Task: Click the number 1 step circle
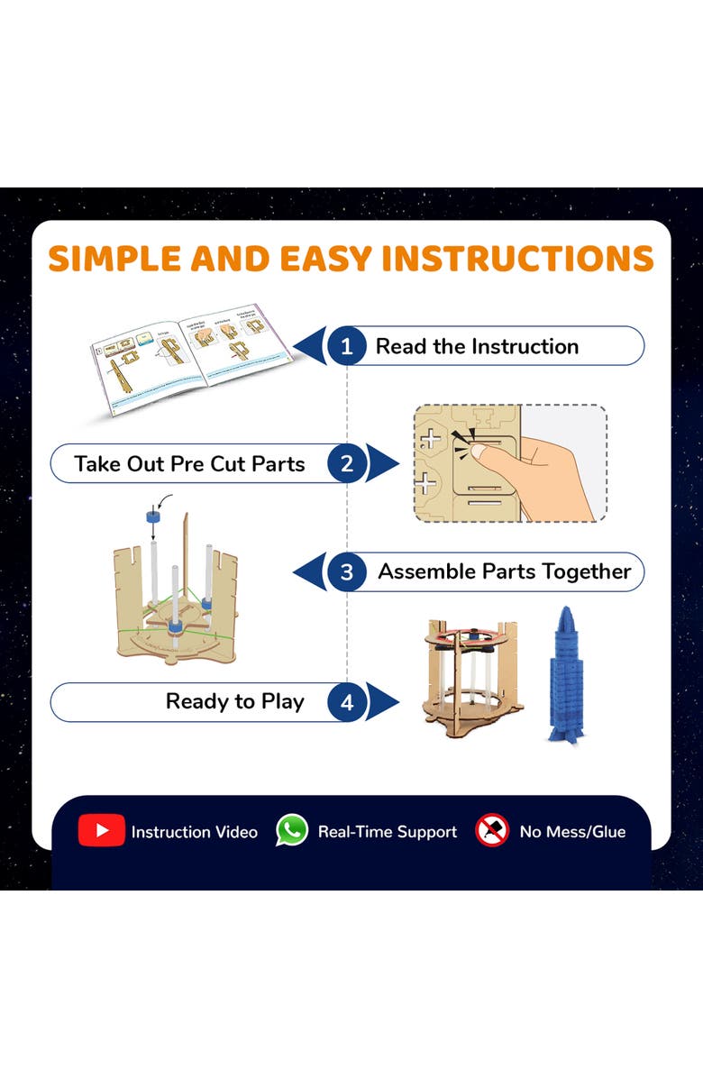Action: pyautogui.click(x=347, y=346)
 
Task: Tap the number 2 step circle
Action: pyautogui.click(x=347, y=464)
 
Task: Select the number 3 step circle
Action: pyautogui.click(x=347, y=571)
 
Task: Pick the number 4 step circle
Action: pyautogui.click(x=347, y=702)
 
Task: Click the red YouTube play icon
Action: pyautogui.click(x=101, y=831)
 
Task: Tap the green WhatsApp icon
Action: pyautogui.click(x=291, y=831)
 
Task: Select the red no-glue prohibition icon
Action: pyautogui.click(x=492, y=831)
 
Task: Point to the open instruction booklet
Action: pyautogui.click(x=191, y=361)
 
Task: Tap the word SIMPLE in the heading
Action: pyautogui.click(x=114, y=259)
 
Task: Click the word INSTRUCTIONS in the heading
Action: pyautogui.click(x=517, y=259)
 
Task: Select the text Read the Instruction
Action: pyautogui.click(x=477, y=346)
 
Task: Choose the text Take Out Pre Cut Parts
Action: pyautogui.click(x=189, y=464)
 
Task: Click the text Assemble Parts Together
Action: pyautogui.click(x=504, y=571)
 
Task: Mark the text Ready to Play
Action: pyautogui.click(x=234, y=702)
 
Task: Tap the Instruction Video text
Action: pyautogui.click(x=194, y=832)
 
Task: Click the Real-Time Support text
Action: pyautogui.click(x=387, y=832)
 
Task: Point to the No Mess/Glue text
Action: pyautogui.click(x=571, y=832)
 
